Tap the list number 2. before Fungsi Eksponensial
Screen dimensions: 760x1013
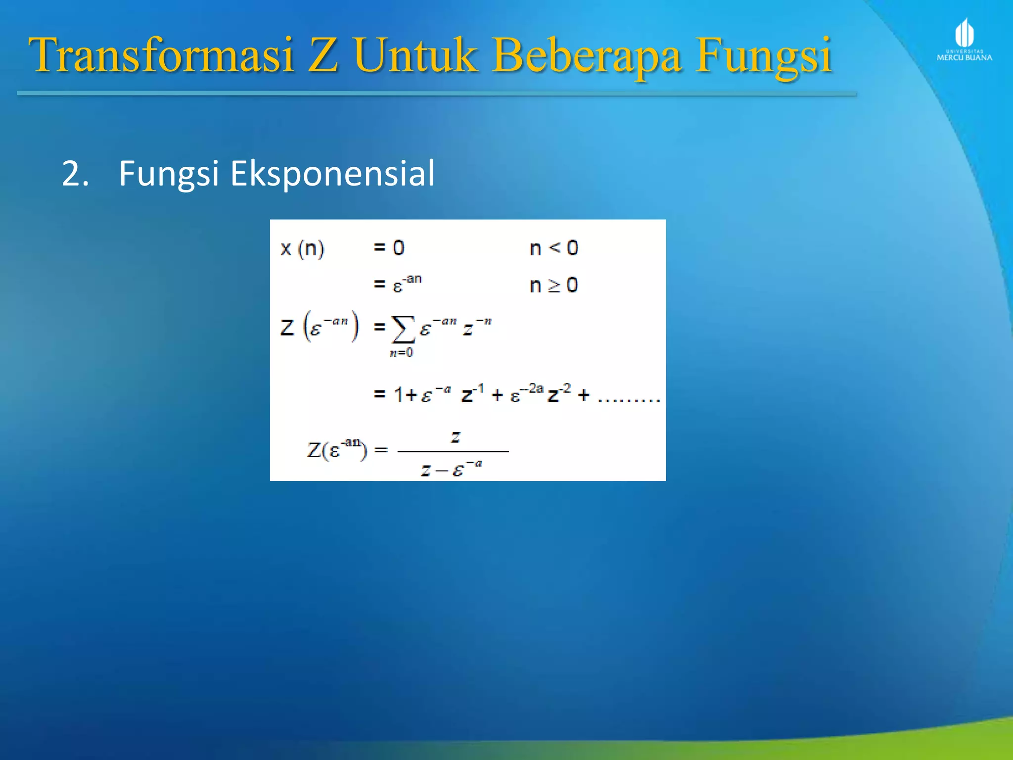(75, 174)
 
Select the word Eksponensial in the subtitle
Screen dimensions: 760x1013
(332, 174)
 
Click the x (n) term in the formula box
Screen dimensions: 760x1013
(302, 248)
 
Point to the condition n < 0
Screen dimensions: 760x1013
(553, 248)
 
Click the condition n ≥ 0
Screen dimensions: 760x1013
(553, 285)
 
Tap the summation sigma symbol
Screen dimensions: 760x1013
(403, 329)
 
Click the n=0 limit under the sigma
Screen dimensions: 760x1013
(401, 353)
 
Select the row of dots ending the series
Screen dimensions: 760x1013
(628, 400)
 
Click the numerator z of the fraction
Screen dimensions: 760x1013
(455, 436)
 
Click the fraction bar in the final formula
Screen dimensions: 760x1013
(453, 451)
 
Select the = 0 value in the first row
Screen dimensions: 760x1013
(389, 248)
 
